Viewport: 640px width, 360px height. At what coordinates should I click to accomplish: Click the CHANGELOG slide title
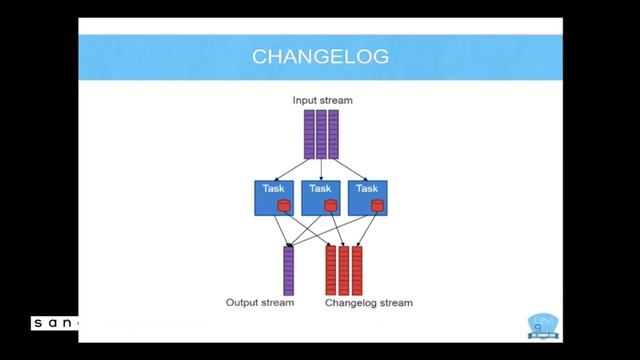tap(319, 57)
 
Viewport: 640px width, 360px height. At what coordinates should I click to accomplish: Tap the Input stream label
tap(322, 100)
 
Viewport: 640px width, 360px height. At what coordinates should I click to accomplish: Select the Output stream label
tap(260, 302)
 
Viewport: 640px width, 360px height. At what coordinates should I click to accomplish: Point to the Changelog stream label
tap(369, 302)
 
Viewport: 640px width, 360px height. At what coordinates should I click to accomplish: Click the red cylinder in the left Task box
tap(283, 206)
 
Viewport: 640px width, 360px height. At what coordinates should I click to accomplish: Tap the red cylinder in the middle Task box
tap(330, 206)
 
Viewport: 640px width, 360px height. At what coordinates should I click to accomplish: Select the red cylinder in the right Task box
tap(377, 206)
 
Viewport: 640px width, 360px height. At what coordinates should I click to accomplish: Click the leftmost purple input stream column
tap(309, 133)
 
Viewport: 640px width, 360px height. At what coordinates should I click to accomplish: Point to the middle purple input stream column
tap(321, 133)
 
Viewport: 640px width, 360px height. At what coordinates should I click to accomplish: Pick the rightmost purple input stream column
tap(333, 133)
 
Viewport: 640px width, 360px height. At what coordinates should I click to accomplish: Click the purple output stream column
tap(288, 270)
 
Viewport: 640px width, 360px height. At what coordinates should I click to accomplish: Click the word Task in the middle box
tap(320, 187)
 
